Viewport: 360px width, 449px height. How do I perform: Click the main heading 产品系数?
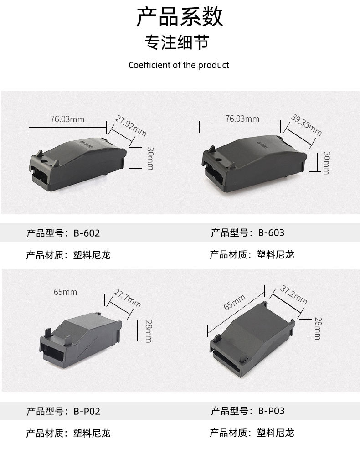[x=180, y=17]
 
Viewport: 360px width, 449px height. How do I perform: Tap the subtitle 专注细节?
[x=176, y=42]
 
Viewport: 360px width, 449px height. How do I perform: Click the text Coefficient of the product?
[x=179, y=65]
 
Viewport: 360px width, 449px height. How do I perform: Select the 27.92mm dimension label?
[x=130, y=126]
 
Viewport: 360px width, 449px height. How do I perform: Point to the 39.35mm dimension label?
[x=306, y=125]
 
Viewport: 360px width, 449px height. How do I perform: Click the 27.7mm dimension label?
[x=127, y=299]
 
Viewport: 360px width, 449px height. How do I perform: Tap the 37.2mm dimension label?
[x=293, y=295]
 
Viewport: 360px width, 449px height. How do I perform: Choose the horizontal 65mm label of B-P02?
[x=65, y=292]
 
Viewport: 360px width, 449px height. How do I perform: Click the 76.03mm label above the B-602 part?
[x=67, y=119]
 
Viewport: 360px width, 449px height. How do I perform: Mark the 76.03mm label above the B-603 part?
[x=242, y=119]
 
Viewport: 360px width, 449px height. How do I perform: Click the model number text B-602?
[x=87, y=233]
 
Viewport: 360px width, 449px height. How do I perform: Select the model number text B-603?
[x=271, y=233]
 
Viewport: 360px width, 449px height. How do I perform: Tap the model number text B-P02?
[x=87, y=411]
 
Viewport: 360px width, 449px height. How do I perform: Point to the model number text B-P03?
[x=271, y=411]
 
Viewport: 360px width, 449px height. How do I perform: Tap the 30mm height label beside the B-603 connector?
[x=326, y=163]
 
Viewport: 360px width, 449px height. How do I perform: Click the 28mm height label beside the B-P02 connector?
[x=148, y=330]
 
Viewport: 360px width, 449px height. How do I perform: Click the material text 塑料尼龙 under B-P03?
[x=275, y=433]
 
